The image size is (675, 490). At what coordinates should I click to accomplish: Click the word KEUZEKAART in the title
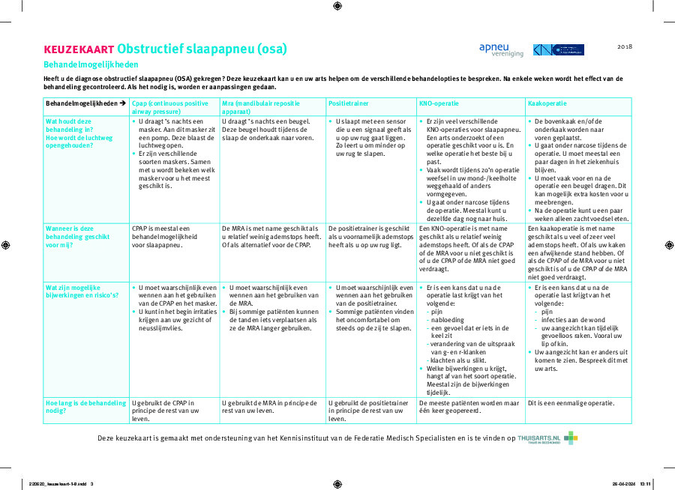click(x=79, y=50)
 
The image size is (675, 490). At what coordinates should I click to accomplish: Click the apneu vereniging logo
click(x=501, y=49)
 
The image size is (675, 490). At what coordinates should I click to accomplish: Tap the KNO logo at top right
click(x=559, y=49)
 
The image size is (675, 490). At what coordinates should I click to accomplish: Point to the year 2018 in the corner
click(x=625, y=46)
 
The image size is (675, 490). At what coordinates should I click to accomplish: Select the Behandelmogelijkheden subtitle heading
click(x=91, y=64)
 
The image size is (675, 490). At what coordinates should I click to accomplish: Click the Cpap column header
click(x=169, y=106)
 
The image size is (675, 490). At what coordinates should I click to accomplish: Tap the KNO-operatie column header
click(x=438, y=103)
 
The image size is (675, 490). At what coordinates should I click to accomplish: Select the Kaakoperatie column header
click(x=547, y=103)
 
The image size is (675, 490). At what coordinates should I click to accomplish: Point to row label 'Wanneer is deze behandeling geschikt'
click(x=77, y=236)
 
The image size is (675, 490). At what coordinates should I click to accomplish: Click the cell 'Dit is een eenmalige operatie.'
click(x=571, y=402)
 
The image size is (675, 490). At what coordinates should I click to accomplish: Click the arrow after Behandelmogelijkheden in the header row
click(x=122, y=103)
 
